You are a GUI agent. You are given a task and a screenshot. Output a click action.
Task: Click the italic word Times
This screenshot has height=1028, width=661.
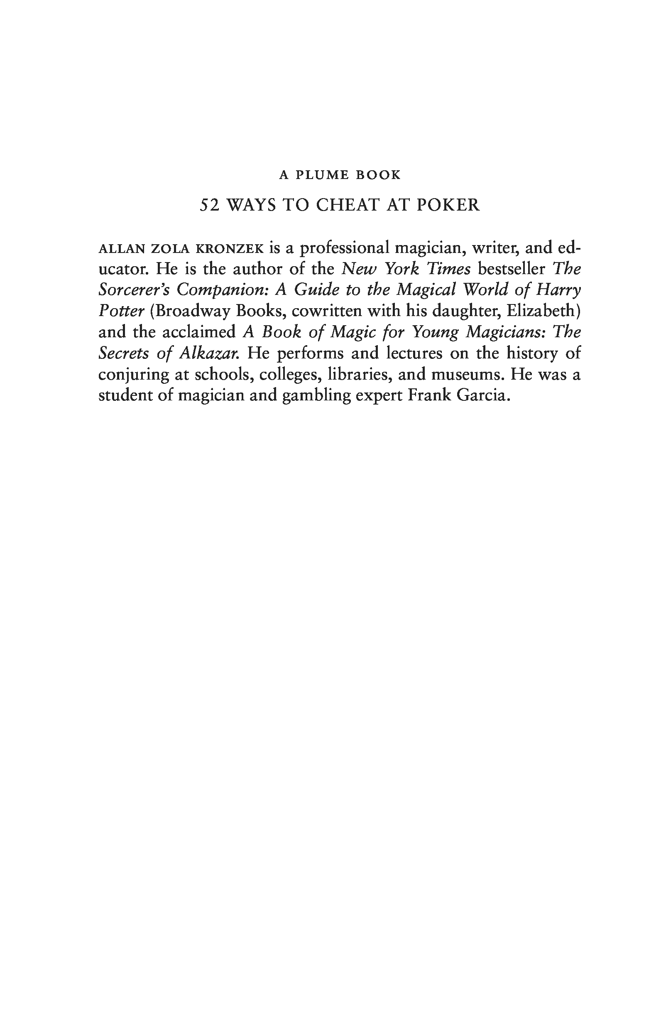450,269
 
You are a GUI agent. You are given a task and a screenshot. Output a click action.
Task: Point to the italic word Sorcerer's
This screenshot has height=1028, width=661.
134,290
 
